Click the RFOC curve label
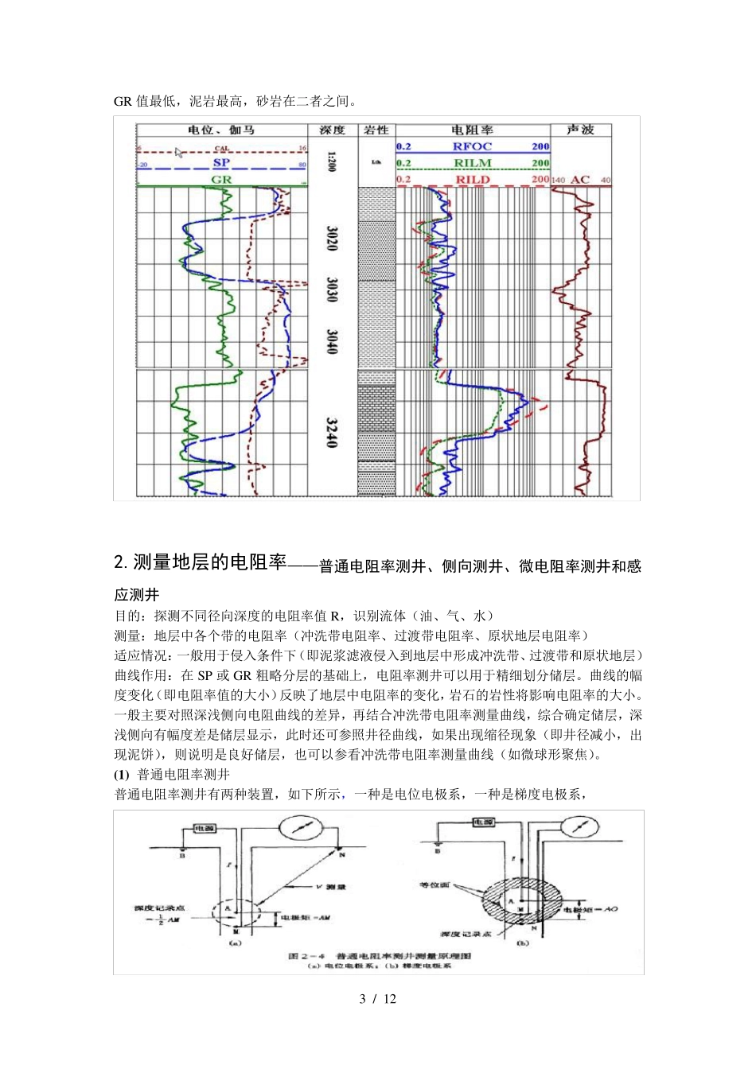(x=472, y=146)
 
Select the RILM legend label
(x=472, y=163)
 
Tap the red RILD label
(x=472, y=180)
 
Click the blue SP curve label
(x=221, y=163)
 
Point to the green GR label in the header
(x=221, y=180)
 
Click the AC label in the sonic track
(x=580, y=180)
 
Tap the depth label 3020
(x=332, y=238)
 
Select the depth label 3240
(x=332, y=433)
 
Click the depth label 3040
(x=332, y=342)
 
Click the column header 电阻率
(x=472, y=130)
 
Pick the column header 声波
(x=580, y=130)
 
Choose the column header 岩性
(x=376, y=130)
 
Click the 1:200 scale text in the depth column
(x=331, y=161)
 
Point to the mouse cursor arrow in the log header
(x=179, y=152)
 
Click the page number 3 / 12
(x=377, y=999)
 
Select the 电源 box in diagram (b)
(x=483, y=822)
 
